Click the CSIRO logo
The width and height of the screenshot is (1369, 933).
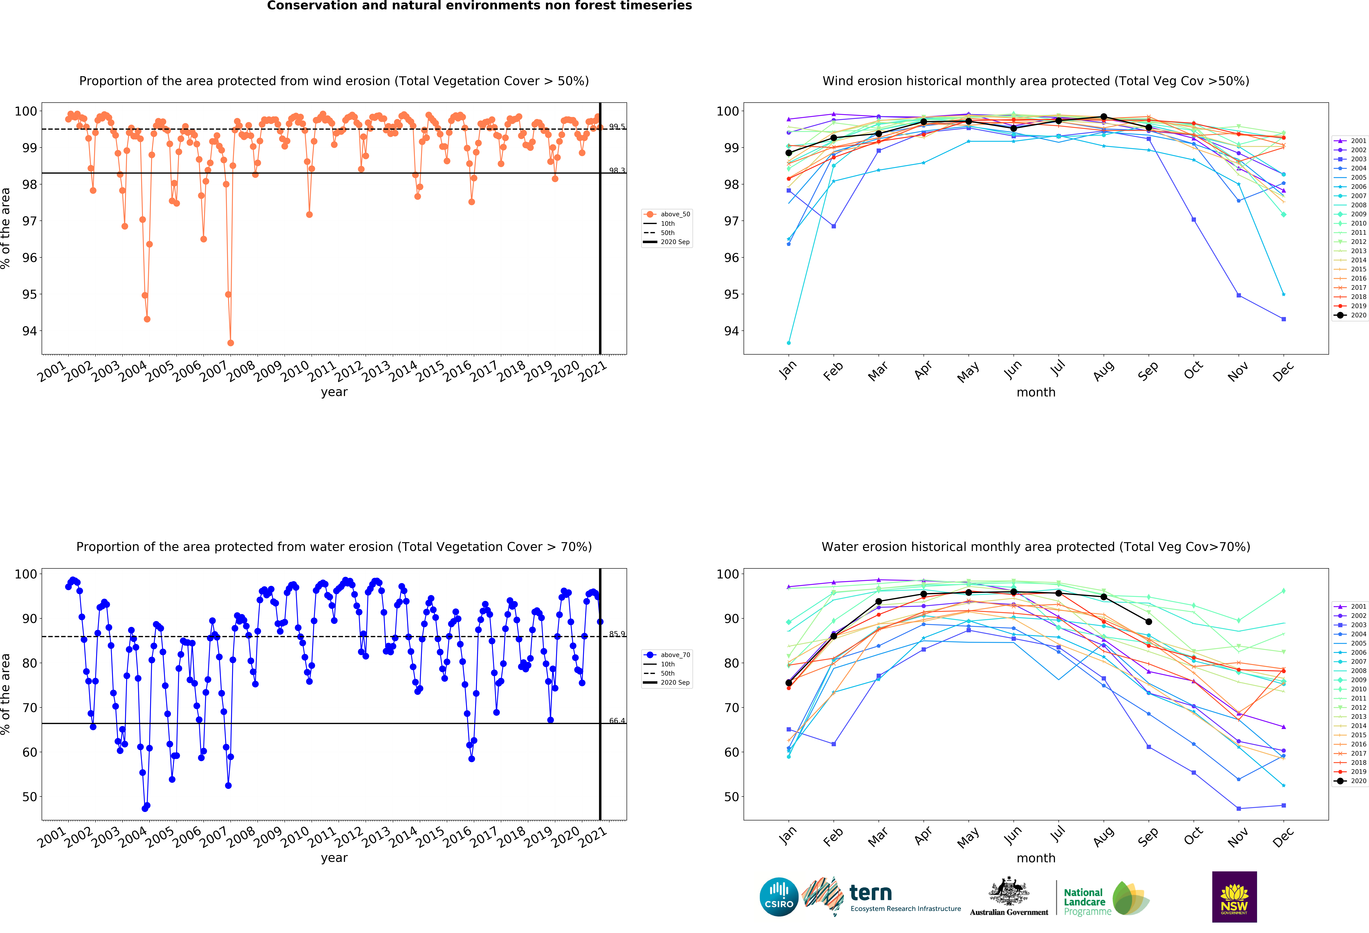(x=779, y=897)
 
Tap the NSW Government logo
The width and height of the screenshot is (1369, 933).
(x=1234, y=896)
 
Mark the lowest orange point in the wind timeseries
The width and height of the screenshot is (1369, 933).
(x=230, y=343)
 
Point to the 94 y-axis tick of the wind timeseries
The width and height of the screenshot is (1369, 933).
(x=30, y=331)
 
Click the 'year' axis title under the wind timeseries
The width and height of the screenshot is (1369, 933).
(x=334, y=392)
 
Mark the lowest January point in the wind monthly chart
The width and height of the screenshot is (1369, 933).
(x=789, y=343)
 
